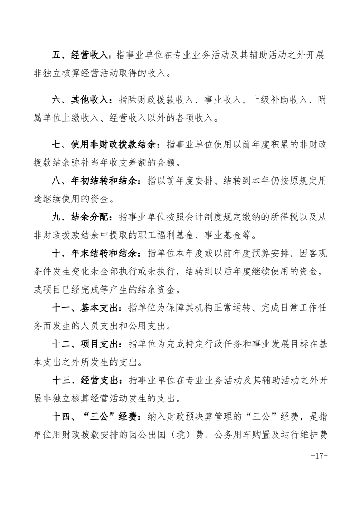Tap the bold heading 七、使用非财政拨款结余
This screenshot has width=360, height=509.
104,145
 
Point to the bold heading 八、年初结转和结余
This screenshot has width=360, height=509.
98,181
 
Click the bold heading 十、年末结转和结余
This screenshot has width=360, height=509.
98,253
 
